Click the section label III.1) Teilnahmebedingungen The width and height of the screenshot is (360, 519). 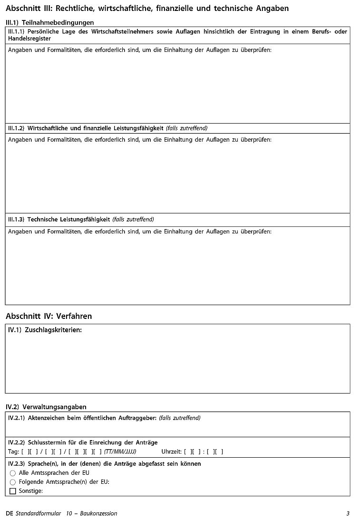(x=49, y=22)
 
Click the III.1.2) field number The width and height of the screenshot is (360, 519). (x=16, y=128)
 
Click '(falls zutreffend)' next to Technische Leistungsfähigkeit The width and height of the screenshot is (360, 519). (x=133, y=220)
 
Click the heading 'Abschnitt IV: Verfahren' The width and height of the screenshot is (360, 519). (x=49, y=316)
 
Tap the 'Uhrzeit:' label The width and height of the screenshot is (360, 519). (x=171, y=452)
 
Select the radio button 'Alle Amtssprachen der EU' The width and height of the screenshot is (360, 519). (x=13, y=473)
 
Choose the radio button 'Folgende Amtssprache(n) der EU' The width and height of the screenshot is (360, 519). (x=13, y=482)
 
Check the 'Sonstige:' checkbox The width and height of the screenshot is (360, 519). (x=13, y=491)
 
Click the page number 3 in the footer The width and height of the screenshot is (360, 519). (x=348, y=513)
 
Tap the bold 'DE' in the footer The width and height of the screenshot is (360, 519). (x=10, y=513)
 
